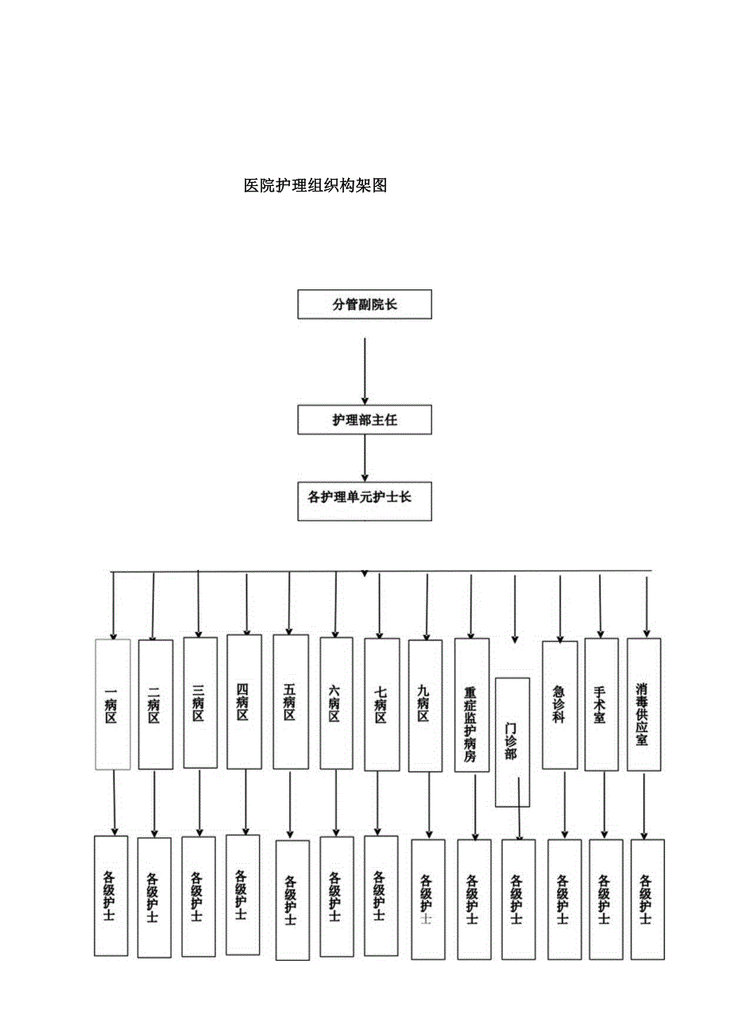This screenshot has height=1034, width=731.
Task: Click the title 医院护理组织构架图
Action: point(315,186)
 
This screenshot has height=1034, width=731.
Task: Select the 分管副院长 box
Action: point(365,304)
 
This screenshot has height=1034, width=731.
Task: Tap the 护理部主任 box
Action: point(365,420)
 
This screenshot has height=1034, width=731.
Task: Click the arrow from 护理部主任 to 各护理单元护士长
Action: point(365,456)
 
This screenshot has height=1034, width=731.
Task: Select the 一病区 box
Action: point(112,704)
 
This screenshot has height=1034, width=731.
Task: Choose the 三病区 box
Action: point(200,703)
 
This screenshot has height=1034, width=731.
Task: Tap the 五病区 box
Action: point(290,702)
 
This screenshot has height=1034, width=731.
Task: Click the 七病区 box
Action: point(381,704)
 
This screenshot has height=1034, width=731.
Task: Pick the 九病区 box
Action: point(425,705)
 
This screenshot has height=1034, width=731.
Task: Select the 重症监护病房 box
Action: point(471,705)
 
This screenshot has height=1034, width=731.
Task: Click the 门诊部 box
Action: point(512,742)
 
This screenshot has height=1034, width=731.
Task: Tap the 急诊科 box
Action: point(559,704)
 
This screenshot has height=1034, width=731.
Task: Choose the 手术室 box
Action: point(601,704)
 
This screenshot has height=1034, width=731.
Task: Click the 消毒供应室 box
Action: point(644,704)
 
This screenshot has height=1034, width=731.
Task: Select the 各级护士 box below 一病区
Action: point(110,895)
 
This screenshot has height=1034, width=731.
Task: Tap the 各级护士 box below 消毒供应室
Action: point(647,898)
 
